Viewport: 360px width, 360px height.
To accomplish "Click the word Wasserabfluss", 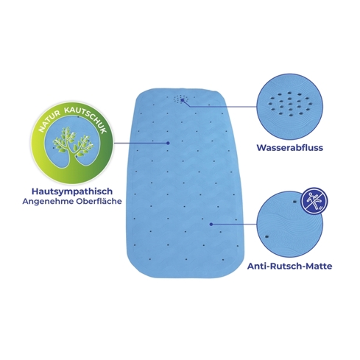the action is point(290,148).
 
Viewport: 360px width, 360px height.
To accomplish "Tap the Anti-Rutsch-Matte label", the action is point(290,266).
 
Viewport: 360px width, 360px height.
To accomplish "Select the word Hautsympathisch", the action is point(72,191).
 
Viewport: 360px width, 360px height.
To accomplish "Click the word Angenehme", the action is point(48,201).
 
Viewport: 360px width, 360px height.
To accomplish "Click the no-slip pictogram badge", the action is point(315,201).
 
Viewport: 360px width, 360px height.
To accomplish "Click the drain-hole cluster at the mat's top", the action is point(181,99).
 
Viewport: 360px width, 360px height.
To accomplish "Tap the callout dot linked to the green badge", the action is point(168,143).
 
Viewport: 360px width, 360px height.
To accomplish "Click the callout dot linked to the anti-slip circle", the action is point(211,224).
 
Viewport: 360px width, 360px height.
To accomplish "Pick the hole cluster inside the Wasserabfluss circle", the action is point(290,104).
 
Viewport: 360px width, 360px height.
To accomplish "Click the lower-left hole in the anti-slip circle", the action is point(267,236).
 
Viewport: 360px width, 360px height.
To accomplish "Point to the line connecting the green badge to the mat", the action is point(141,143).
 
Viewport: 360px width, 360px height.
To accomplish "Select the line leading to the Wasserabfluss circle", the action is point(220,106).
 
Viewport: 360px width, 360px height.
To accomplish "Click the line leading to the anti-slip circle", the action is point(234,224).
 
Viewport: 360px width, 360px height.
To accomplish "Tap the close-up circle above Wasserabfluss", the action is point(290,107).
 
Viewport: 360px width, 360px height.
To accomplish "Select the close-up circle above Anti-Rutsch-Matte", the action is point(290,225).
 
